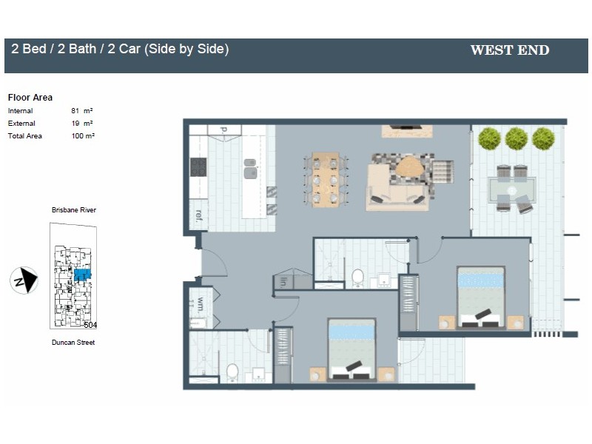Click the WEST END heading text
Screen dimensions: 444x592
[x=510, y=51]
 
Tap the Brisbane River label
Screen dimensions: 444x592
[x=74, y=210]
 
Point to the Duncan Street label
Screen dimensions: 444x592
[x=73, y=343]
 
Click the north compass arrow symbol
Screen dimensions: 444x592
[x=24, y=280]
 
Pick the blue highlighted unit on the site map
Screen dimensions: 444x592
[x=81, y=275]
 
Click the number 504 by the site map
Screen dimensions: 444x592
[x=91, y=325]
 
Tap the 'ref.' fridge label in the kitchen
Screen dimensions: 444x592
[x=198, y=215]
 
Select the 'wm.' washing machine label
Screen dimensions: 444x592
[x=200, y=304]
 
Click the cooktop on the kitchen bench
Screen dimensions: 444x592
[x=198, y=168]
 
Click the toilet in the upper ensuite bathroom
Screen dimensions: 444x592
[x=358, y=277]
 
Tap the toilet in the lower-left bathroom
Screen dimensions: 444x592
[x=232, y=370]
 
